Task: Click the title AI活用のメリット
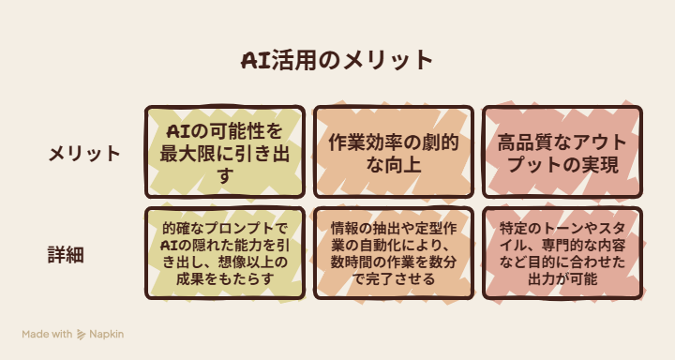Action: tap(337, 60)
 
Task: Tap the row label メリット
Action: tap(84, 154)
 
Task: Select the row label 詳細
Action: tap(66, 254)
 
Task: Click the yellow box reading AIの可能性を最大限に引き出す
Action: tap(225, 152)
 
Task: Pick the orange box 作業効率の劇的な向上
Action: tap(394, 152)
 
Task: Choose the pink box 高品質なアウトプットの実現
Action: tap(562, 152)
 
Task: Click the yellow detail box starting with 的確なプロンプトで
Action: tap(225, 253)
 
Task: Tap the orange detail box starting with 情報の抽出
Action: tap(394, 253)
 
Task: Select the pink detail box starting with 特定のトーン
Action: tap(562, 253)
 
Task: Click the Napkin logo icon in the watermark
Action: tap(81, 335)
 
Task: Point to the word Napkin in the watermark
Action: tap(106, 334)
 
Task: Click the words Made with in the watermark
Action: tap(48, 334)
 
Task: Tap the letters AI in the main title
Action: tap(255, 60)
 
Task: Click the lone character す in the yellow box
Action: tap(225, 176)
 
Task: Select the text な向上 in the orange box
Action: tap(394, 164)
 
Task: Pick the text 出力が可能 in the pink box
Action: tap(562, 279)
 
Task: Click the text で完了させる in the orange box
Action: tap(394, 279)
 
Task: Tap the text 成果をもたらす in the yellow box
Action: tap(225, 279)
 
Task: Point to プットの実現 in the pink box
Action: tap(563, 164)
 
